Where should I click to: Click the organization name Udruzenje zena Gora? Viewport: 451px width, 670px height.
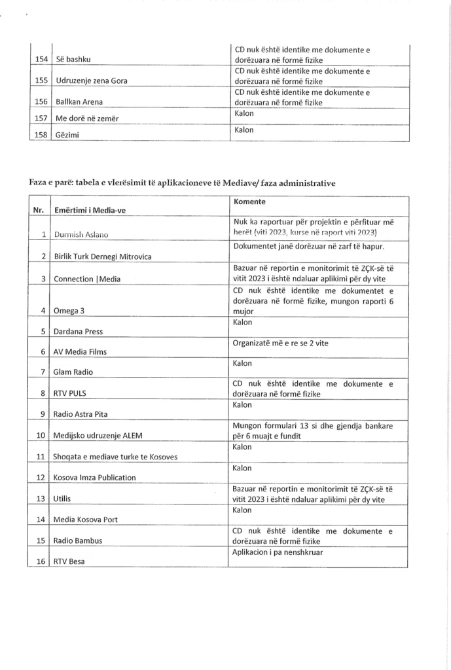pyautogui.click(x=99, y=81)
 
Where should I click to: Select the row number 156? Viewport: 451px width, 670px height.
pyautogui.click(x=41, y=102)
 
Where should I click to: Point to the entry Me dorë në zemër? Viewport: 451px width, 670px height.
pyautogui.click(x=90, y=118)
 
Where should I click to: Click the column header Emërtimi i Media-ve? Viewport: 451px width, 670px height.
pyautogui.click(x=94, y=211)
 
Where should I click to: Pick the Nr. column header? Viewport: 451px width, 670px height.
pyautogui.click(x=39, y=211)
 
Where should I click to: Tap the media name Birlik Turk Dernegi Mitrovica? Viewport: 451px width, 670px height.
pyautogui.click(x=103, y=256)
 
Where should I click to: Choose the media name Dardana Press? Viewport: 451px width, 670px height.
pyautogui.click(x=78, y=331)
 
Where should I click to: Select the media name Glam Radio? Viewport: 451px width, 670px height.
pyautogui.click(x=73, y=372)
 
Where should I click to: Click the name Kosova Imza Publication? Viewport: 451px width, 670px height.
pyautogui.click(x=95, y=478)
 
